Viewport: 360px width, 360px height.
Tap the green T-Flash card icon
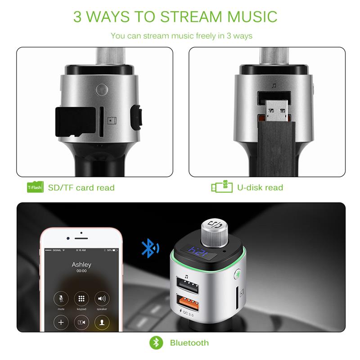[35, 187]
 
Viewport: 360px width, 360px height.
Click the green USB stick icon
[222, 187]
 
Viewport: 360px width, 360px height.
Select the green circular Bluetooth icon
[156, 343]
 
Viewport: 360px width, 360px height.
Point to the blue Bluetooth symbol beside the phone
[149, 247]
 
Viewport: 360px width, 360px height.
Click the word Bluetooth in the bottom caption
[189, 343]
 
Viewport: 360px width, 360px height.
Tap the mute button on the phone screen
[61, 299]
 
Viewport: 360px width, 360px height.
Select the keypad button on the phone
[81, 299]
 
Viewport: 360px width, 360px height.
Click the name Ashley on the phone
[81, 265]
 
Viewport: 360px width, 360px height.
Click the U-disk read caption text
[260, 187]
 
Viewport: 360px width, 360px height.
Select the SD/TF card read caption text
[81, 187]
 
